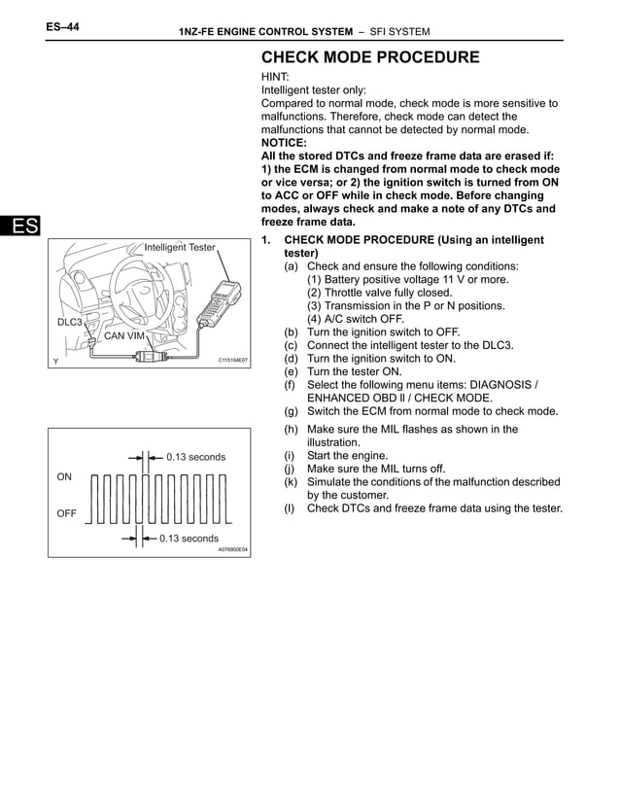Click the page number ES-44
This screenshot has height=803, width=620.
click(62, 28)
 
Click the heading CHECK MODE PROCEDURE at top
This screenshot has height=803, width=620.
click(370, 57)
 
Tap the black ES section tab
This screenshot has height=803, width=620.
click(19, 227)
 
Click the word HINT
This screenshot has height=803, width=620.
click(277, 76)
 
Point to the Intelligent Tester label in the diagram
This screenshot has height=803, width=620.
click(180, 248)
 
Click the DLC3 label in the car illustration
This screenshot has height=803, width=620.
click(69, 322)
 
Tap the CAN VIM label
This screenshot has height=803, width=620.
click(123, 336)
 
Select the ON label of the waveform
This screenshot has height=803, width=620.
click(64, 477)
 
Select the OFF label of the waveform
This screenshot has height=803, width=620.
click(66, 514)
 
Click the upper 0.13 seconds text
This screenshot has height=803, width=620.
click(195, 457)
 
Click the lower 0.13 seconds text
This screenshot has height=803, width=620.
click(189, 538)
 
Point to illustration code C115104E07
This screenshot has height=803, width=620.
click(232, 360)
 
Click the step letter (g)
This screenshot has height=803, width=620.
click(291, 411)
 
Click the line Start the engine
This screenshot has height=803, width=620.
click(347, 455)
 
